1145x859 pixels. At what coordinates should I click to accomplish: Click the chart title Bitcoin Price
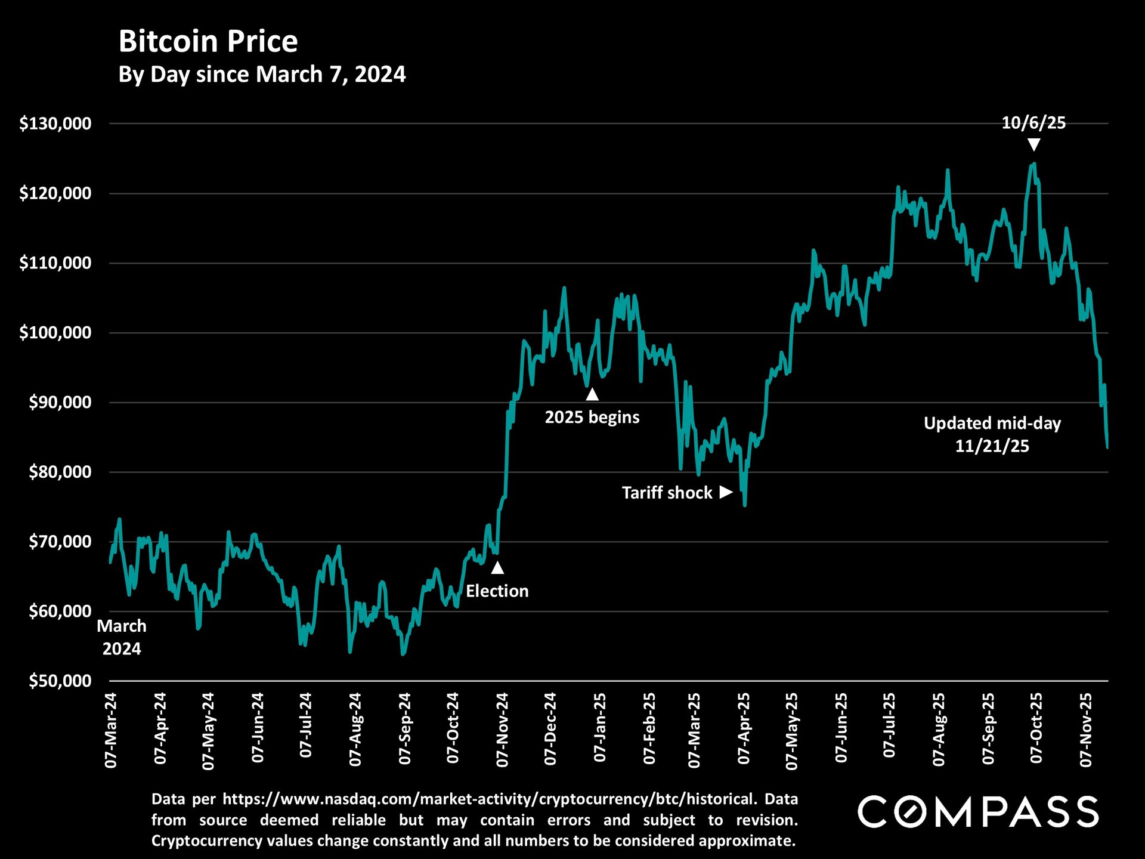[208, 42]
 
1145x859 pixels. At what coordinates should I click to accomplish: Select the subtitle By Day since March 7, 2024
[262, 75]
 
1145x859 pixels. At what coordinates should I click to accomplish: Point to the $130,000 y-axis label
[55, 123]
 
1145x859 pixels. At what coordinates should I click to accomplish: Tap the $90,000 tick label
[60, 402]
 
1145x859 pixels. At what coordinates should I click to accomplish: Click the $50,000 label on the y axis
[60, 681]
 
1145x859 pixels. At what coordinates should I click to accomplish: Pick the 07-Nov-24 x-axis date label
[502, 729]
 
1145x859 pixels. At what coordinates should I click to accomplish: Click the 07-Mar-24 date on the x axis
[111, 730]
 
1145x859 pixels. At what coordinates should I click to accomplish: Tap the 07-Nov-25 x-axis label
[1086, 729]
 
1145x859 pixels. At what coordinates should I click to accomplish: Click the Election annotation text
[497, 591]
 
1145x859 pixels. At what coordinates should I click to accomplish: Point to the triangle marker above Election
[497, 567]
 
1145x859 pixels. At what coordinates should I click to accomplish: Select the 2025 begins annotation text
[592, 417]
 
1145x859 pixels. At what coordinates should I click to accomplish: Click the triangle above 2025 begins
[592, 394]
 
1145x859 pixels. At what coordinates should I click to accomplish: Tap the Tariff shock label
[667, 493]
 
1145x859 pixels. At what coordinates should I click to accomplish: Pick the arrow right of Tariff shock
[726, 492]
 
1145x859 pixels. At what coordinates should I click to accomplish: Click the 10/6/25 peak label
[1033, 123]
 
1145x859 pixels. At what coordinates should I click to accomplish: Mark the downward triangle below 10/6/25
[1034, 145]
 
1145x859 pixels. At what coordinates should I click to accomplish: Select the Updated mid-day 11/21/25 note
[992, 434]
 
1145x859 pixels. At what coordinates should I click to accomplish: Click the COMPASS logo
[978, 812]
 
